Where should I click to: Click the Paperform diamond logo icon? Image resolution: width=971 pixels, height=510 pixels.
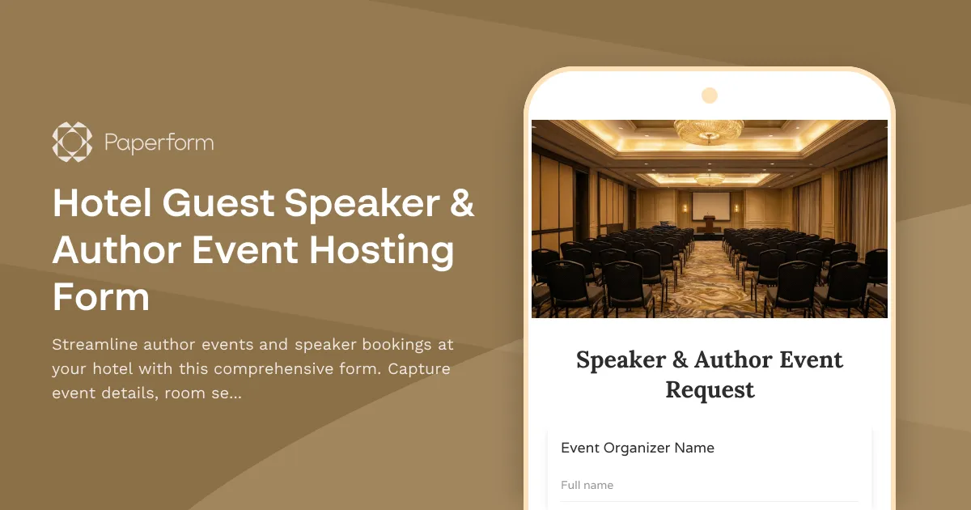click(72, 142)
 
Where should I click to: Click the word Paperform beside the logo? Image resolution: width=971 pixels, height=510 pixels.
click(159, 143)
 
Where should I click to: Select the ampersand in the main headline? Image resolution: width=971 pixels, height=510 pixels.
click(460, 203)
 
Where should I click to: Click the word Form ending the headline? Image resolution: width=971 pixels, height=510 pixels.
click(101, 297)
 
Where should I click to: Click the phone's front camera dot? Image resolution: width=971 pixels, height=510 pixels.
click(710, 96)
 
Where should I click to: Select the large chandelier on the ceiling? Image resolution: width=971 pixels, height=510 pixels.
click(709, 130)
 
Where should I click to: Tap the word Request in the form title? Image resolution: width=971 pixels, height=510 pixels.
click(710, 389)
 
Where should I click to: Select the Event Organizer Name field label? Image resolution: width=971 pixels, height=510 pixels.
click(638, 448)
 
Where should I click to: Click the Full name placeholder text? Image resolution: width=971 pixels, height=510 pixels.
click(587, 485)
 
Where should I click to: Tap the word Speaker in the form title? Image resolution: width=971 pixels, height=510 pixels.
click(621, 359)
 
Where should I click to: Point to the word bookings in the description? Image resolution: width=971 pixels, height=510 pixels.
click(392, 344)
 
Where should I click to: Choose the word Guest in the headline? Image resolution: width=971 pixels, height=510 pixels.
click(218, 203)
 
